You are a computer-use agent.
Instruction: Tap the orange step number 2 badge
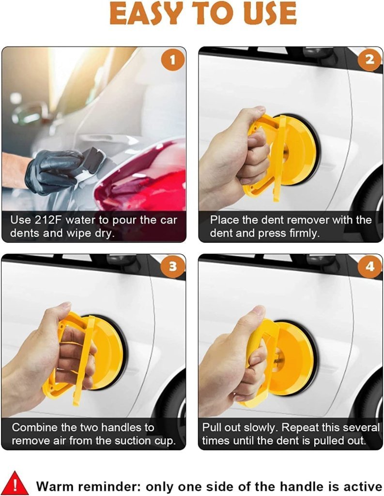coord(369,61)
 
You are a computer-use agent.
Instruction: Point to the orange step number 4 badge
coord(369,267)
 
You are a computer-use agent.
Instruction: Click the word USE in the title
coord(269,13)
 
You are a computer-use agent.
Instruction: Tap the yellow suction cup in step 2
coord(295,150)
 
